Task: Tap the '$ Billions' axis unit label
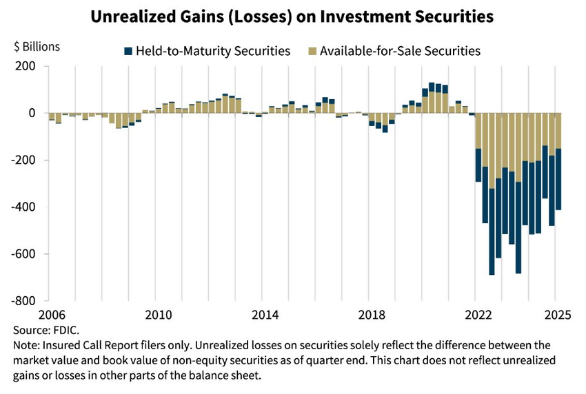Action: point(37,47)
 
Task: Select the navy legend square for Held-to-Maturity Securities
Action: point(128,51)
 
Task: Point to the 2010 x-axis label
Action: point(158,315)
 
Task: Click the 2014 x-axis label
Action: point(265,315)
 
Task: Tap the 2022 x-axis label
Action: point(479,315)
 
